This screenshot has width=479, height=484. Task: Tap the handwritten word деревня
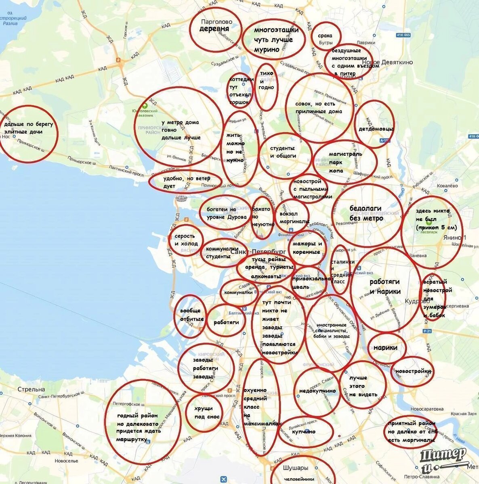tap(214, 29)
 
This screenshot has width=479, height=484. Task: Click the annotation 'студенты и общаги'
tap(283, 152)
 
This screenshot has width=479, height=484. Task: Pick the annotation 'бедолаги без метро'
tap(366, 213)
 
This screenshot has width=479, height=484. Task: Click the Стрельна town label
tap(32, 389)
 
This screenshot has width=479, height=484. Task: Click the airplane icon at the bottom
tap(223, 479)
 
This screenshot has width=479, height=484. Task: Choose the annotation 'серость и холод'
tap(186, 240)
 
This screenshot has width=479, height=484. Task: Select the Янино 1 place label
tap(454, 238)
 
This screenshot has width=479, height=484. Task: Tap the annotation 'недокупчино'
tap(317, 391)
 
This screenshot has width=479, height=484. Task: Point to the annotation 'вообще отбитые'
tap(191, 315)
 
